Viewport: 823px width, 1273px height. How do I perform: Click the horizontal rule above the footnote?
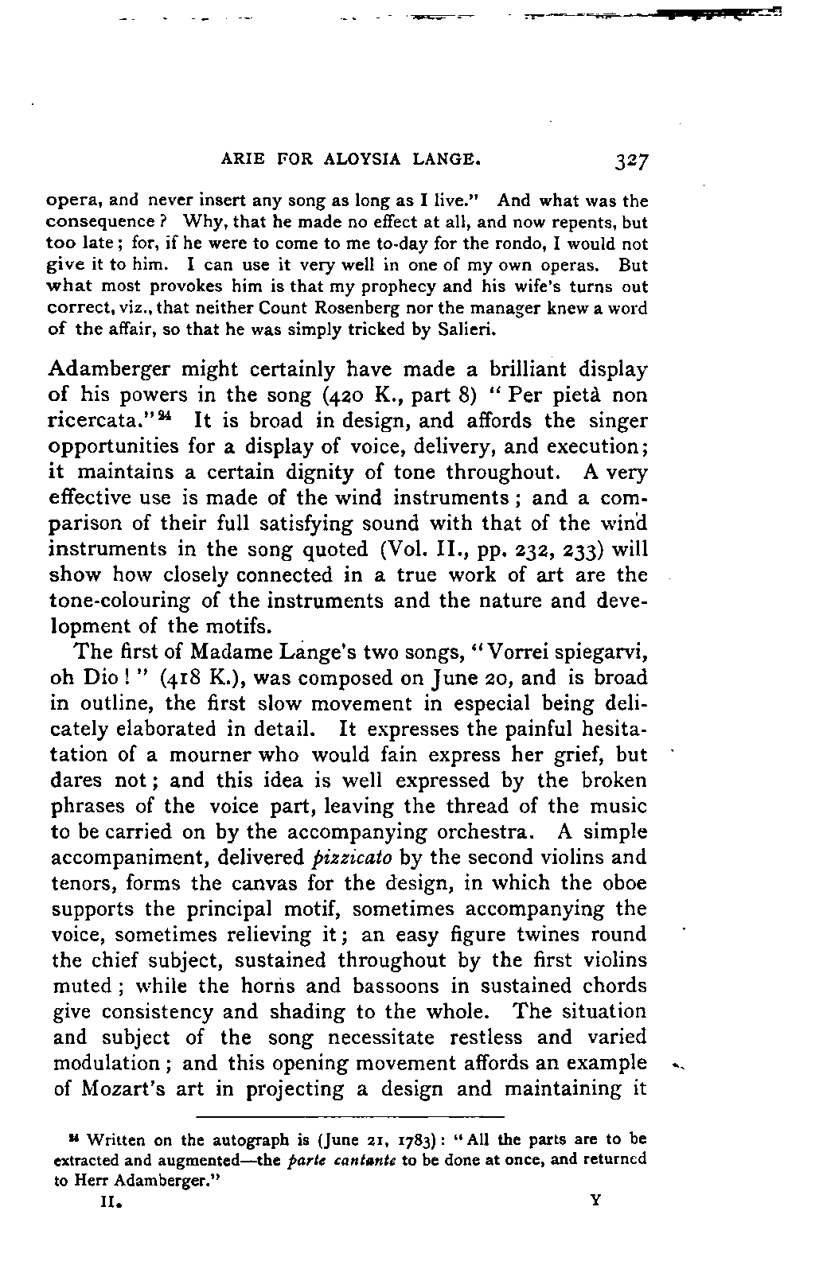(350, 1117)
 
